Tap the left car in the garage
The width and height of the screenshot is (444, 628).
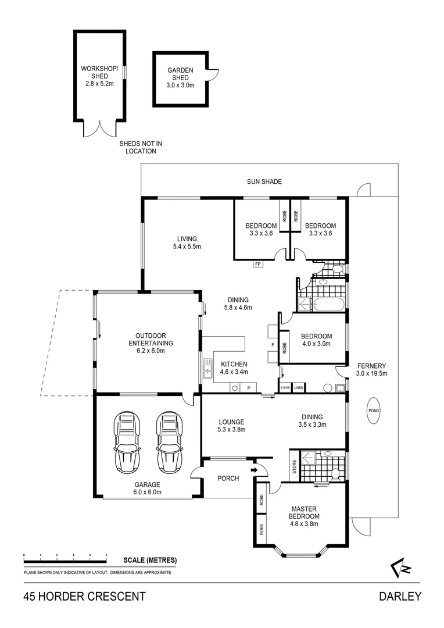127,442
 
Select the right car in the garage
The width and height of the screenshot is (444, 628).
169,442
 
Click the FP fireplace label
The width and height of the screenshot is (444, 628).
257,264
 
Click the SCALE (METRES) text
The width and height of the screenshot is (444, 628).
150,561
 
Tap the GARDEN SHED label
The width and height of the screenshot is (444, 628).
180,77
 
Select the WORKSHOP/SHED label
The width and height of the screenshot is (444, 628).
99,76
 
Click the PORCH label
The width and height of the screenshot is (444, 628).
228,479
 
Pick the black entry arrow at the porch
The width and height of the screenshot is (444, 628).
254,470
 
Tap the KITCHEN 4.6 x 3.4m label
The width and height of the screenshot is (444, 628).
234,368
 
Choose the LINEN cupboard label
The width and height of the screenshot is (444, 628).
299,387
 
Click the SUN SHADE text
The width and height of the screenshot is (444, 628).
264,182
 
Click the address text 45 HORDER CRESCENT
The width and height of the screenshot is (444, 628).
84,596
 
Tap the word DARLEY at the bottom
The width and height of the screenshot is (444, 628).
400,596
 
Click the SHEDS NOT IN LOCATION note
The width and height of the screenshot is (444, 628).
141,147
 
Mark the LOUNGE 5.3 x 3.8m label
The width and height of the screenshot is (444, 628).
231,426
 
